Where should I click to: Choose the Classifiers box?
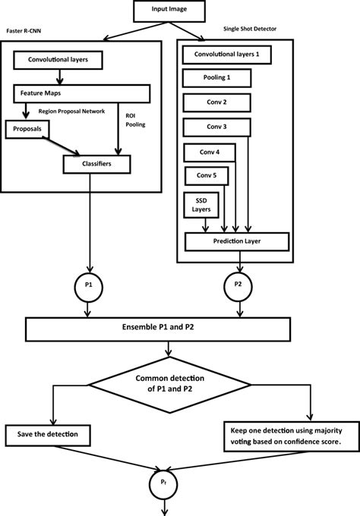pyautogui.click(x=97, y=163)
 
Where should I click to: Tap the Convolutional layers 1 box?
pyautogui.click(x=226, y=55)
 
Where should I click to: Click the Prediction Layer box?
pyautogui.click(x=237, y=242)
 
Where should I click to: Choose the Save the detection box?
pyautogui.click(x=48, y=436)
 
